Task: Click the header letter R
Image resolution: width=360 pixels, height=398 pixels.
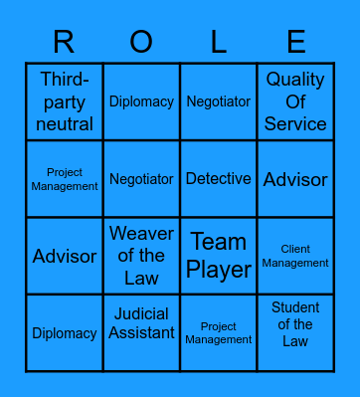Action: (64, 42)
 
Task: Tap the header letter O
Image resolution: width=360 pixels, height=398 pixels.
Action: (141, 42)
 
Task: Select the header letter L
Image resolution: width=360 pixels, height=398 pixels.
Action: (219, 42)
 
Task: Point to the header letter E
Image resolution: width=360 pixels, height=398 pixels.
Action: (295, 42)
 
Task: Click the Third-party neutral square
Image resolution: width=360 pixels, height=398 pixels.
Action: (65, 101)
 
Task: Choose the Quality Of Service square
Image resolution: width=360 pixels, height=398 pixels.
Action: (295, 101)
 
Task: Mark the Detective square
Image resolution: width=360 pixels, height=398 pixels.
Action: (219, 179)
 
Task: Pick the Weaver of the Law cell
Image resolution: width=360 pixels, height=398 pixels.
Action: (141, 256)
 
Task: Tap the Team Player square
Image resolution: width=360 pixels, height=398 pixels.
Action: (219, 256)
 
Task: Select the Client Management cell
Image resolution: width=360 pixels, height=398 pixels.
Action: (295, 256)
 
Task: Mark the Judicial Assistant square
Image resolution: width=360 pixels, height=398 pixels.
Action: (141, 333)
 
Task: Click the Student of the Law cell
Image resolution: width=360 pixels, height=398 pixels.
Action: (295, 333)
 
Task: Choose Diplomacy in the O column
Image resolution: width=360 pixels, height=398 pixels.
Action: (141, 101)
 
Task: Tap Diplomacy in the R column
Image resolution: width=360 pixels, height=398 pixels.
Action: (65, 333)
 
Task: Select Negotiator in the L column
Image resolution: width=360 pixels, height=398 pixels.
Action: (219, 101)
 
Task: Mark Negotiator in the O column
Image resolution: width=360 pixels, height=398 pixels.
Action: (141, 179)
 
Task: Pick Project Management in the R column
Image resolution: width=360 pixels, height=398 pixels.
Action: (65, 179)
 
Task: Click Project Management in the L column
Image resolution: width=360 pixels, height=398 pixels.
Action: (219, 333)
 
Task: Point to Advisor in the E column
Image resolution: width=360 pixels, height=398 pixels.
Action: (295, 179)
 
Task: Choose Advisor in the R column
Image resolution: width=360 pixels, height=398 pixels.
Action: (65, 256)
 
